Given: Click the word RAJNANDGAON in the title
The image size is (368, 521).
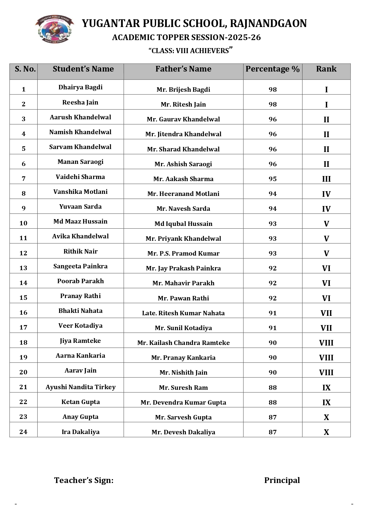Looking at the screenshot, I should coord(268,23).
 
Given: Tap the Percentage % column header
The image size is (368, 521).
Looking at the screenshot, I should coord(273,69).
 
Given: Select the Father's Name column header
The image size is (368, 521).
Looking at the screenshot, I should coord(183,69).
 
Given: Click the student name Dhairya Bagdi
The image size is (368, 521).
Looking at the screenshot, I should coord(80,87).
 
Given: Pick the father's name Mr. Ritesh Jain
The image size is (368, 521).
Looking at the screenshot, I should coord(183,104).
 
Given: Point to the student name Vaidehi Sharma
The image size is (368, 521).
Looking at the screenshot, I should coord(80,177).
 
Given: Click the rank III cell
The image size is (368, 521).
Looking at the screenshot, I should coord(326,179).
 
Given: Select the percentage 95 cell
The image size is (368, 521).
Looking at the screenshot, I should coord(273,179).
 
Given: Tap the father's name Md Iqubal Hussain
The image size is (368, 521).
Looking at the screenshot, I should coord(183,224).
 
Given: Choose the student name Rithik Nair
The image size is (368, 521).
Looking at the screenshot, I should coord(80,251).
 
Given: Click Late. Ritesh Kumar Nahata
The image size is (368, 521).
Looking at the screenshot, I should coord(183,313).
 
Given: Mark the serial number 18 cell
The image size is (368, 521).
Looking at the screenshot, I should coord(23,343).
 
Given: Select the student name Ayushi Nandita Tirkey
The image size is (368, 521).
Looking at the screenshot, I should coord(80,387).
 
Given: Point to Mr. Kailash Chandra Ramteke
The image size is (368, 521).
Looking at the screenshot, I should coord(183,343).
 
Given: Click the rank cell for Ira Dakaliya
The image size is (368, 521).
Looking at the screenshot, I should coord(326,432).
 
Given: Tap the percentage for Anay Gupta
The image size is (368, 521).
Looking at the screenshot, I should coord(273,417).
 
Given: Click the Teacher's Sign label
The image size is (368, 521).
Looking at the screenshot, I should coord(84,480).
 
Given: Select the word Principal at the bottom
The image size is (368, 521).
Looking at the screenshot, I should coord(282,480).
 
